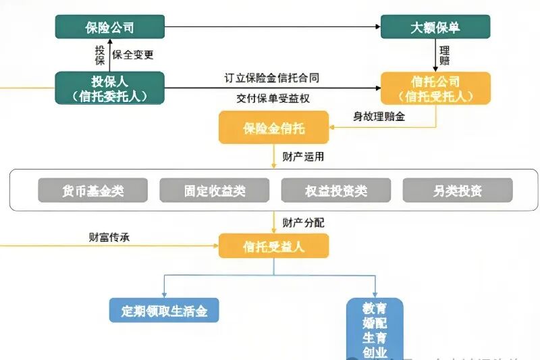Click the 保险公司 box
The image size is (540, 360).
109,27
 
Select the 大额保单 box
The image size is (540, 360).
435,27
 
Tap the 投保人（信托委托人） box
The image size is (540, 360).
109,88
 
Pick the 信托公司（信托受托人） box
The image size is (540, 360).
435,88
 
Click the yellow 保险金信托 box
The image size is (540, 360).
273,127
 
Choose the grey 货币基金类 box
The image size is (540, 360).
92,191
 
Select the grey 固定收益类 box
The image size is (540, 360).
214,191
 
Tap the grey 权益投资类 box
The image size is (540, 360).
335,191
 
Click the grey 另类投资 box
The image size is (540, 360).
458,191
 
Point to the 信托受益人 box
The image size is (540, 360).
273,246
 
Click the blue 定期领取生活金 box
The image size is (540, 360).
165,311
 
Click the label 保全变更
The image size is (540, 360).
132,54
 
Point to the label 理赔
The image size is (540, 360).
445,55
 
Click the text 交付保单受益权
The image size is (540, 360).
273,98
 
